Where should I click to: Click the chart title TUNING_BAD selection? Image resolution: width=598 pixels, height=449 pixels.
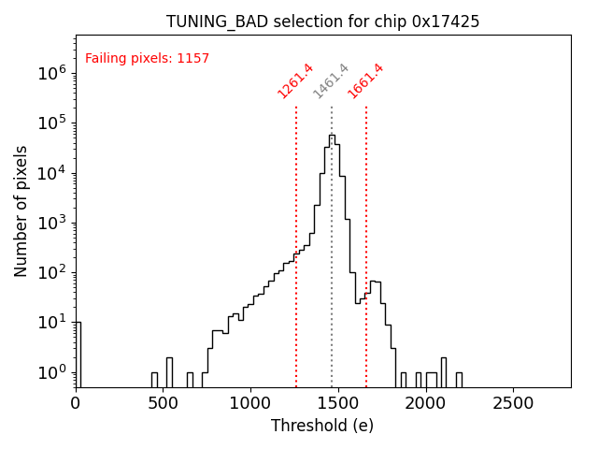coord(322,22)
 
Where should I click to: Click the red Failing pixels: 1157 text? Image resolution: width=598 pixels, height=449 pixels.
coord(147,59)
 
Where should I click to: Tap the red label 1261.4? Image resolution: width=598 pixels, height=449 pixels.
coord(295,81)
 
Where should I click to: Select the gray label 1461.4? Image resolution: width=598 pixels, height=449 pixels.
coord(331,81)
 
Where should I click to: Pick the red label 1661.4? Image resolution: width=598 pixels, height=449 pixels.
coord(365,81)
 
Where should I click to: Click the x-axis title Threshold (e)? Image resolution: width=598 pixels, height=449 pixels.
coord(322,426)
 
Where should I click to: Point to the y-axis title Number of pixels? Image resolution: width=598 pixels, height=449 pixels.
coord(21,210)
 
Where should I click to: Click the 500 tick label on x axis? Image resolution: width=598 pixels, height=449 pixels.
coord(163,403)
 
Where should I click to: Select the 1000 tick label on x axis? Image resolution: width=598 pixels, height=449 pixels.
coord(250,403)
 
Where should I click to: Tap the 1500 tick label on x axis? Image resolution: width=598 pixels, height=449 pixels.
coord(337,403)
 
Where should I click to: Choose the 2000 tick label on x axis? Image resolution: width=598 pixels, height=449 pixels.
coord(425,403)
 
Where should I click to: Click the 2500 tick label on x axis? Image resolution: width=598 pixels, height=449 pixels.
coord(512,403)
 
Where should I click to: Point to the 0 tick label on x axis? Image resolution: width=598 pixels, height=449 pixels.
coord(76,403)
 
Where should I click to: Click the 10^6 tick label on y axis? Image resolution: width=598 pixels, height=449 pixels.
coord(51,73)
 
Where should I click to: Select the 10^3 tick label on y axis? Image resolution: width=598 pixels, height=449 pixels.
coord(51,223)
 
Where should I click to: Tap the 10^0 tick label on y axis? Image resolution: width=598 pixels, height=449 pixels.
coord(51,372)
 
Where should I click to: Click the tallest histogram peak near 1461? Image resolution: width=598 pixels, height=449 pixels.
coord(332,137)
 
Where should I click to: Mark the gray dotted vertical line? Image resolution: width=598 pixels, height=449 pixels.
coord(332,281)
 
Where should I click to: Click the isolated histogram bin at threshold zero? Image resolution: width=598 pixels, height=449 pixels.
coord(78,355)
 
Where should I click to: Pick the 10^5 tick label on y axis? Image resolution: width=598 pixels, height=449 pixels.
coord(51,123)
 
